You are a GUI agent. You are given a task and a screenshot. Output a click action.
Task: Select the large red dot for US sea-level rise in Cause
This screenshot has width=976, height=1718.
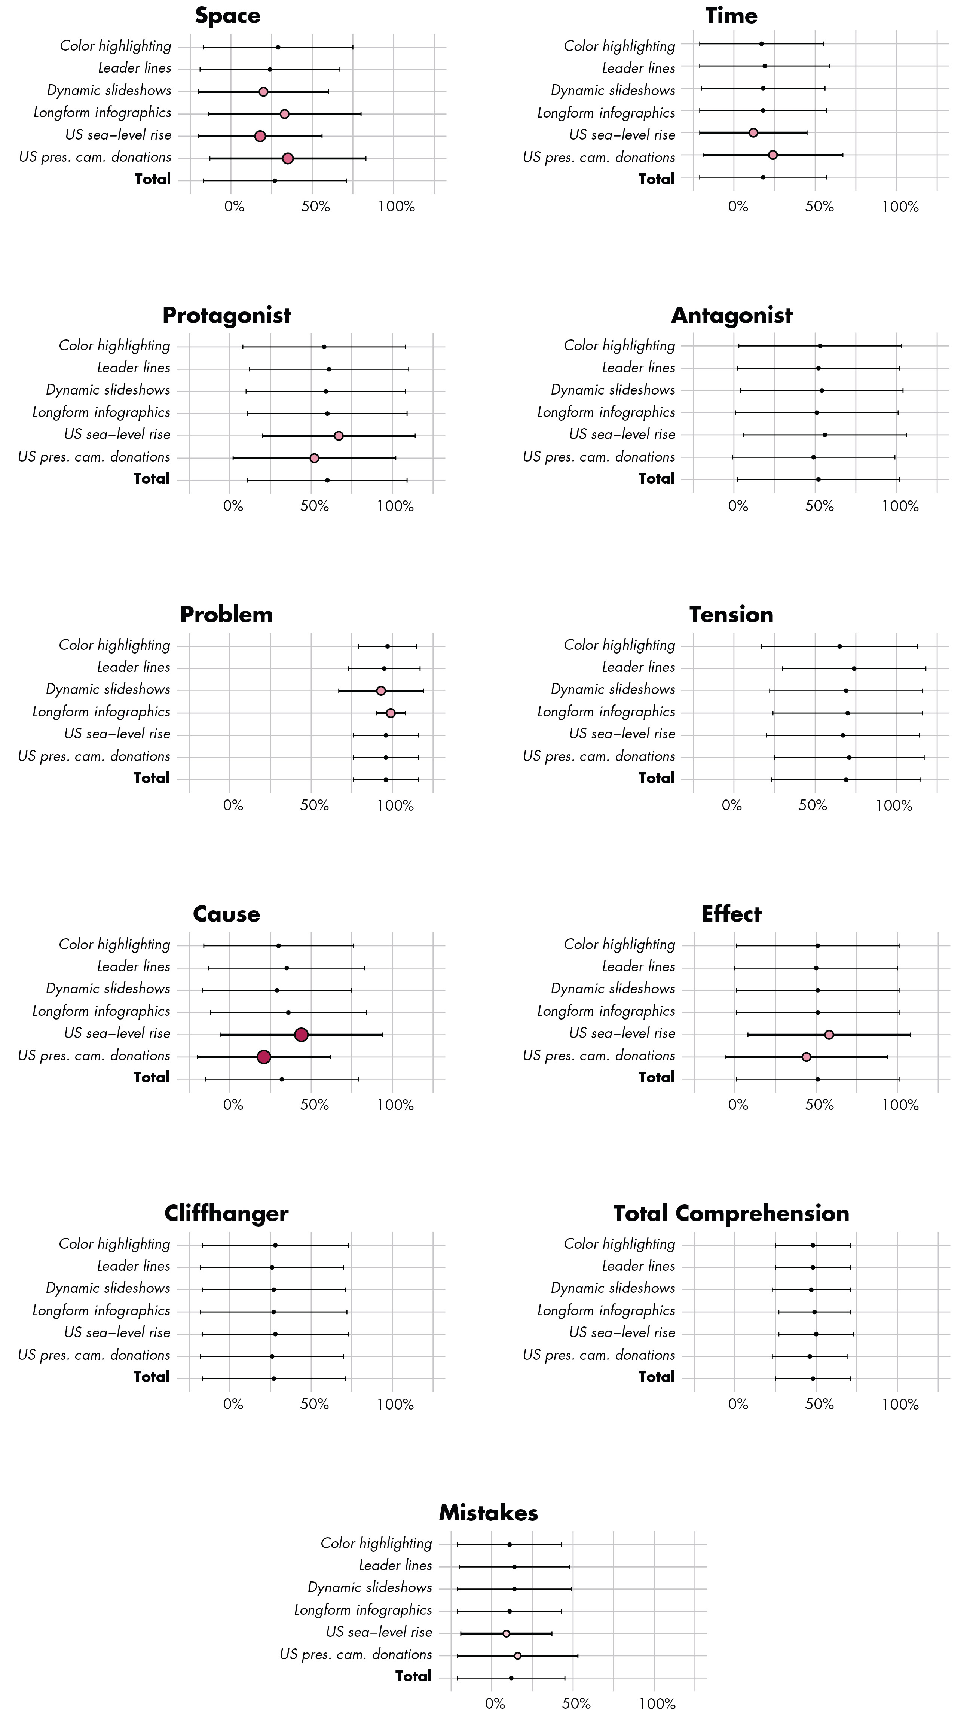pyautogui.click(x=301, y=1035)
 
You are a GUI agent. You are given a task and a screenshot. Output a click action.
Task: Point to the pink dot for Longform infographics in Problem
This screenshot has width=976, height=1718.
pyautogui.click(x=391, y=713)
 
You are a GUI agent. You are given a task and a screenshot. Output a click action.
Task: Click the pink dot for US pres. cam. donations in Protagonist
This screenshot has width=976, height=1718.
pyautogui.click(x=314, y=458)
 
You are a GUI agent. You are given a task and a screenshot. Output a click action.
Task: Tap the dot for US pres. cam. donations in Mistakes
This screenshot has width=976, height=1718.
pyautogui.click(x=517, y=1655)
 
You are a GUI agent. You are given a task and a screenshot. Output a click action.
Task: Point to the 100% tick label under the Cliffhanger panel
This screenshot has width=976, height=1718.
pyautogui.click(x=395, y=1404)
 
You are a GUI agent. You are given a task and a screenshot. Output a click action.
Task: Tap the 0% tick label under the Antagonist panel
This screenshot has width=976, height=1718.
pyautogui.click(x=738, y=506)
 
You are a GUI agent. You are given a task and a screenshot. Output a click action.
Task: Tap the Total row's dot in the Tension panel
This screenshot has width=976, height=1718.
pyautogui.click(x=845, y=780)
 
